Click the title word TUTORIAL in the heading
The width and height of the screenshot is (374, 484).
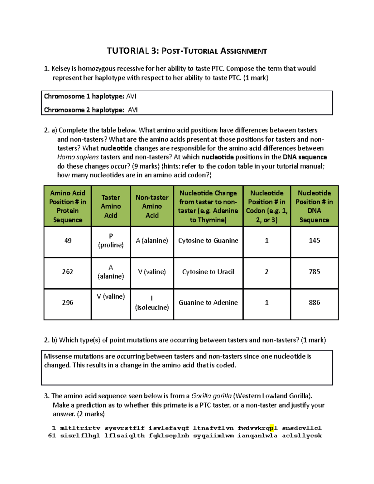point(128,51)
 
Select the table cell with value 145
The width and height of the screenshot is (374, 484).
point(314,241)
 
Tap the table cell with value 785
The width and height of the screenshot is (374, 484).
point(314,272)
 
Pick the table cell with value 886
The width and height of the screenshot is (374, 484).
point(314,303)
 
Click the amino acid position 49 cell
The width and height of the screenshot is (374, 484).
point(68,241)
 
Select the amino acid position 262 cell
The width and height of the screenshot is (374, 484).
point(68,272)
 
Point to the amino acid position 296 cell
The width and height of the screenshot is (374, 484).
point(68,303)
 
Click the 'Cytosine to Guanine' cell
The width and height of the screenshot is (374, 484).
point(208,241)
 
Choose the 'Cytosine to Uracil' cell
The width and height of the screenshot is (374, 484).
point(208,272)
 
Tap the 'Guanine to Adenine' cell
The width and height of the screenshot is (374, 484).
point(208,303)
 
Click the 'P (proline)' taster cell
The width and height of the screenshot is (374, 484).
point(111,241)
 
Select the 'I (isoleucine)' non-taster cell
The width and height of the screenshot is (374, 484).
point(152,303)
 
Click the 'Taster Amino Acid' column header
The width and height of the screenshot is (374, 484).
point(111,206)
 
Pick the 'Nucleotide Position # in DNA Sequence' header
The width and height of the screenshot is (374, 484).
point(314,206)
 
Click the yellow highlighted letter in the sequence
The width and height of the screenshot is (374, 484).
point(272,428)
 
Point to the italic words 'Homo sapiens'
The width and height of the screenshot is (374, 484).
point(78,157)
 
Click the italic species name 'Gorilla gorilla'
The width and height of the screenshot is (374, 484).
point(211,396)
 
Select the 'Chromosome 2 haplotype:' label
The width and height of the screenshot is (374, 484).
point(84,110)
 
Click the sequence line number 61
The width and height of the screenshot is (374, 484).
point(52,436)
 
